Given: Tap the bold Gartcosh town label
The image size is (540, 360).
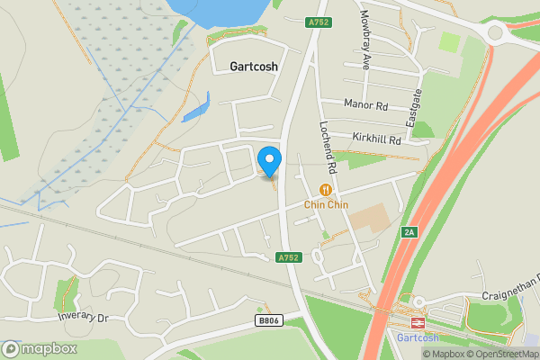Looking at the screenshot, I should [x=254, y=67].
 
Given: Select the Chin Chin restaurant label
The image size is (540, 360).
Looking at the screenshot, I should [x=326, y=204].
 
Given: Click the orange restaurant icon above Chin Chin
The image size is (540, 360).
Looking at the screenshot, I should [x=326, y=190].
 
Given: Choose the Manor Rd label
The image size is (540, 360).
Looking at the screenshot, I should [x=365, y=105].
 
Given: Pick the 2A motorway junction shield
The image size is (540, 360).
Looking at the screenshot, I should [x=409, y=232].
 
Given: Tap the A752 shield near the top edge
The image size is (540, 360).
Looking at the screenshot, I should [x=318, y=21].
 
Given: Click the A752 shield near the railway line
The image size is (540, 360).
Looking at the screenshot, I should [x=288, y=257].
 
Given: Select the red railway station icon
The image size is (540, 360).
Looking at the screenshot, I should [x=418, y=322].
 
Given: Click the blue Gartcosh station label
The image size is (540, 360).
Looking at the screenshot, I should [x=418, y=337].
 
